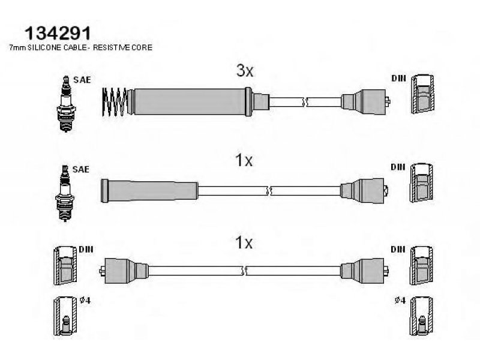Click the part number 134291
click(x=58, y=33)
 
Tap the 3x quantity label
click(x=245, y=71)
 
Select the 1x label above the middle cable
click(x=244, y=160)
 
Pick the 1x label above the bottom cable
click(x=244, y=243)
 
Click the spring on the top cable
click(x=115, y=102)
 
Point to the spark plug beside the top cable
click(x=66, y=104)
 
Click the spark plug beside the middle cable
click(x=65, y=193)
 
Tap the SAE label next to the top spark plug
click(x=82, y=80)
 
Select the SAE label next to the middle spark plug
click(x=81, y=169)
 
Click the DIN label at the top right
click(x=398, y=79)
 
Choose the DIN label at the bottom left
click(x=86, y=249)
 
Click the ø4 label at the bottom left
click(x=85, y=301)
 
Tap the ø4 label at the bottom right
click(x=400, y=301)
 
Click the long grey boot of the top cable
click(x=190, y=102)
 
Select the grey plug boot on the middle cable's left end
click(x=149, y=191)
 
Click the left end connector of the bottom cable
click(x=124, y=271)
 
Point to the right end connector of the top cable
click(x=365, y=102)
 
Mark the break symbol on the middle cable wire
click(x=269, y=191)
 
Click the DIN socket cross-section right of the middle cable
click(x=422, y=183)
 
